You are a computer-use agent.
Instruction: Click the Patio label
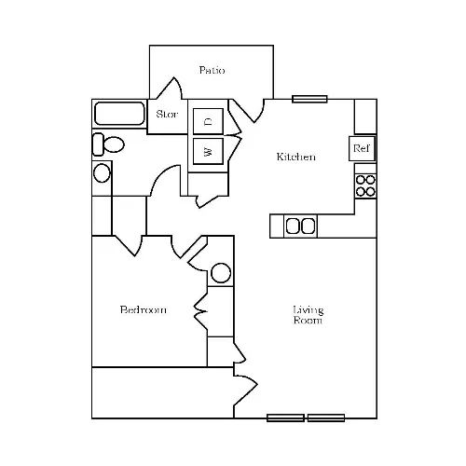[x=212, y=70]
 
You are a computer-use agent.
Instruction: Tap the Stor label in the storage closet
[x=167, y=114]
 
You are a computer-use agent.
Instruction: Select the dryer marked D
[x=208, y=121]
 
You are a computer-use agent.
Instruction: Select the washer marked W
[x=208, y=151]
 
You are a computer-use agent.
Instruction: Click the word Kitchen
[x=296, y=157]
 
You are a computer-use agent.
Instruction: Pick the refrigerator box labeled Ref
[x=363, y=148]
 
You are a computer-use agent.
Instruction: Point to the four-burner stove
[x=365, y=185]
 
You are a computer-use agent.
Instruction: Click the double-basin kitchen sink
[x=300, y=226]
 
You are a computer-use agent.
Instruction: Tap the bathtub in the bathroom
[x=119, y=114]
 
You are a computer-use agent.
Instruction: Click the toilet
[x=108, y=144]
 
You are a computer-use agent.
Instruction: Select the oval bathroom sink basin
[x=102, y=173]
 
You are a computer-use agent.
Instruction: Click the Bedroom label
[x=144, y=309]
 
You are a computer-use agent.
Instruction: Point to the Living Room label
[x=308, y=315]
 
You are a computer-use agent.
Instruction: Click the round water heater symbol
[x=221, y=273]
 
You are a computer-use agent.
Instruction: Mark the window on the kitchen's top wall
[x=309, y=99]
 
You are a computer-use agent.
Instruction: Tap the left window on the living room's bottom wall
[x=285, y=418]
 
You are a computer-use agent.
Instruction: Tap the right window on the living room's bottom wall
[x=326, y=418]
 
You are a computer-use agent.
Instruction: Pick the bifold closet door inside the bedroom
[x=200, y=311]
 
